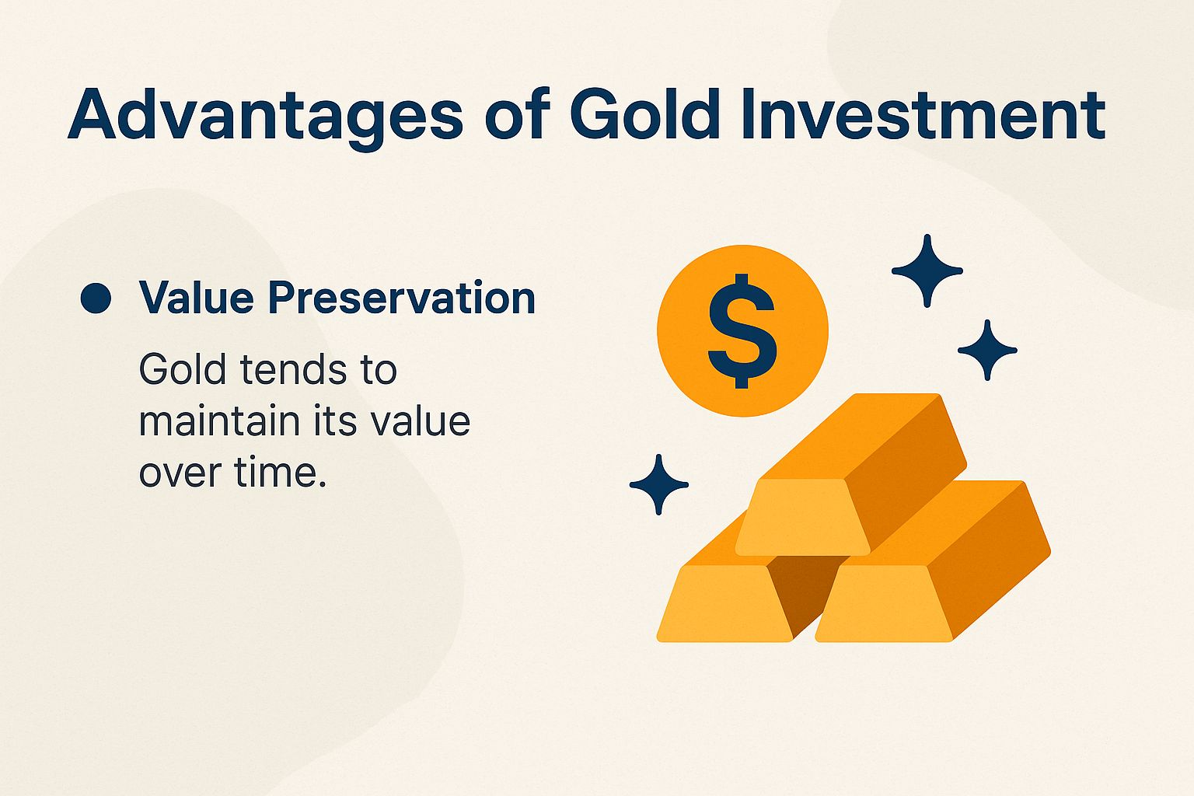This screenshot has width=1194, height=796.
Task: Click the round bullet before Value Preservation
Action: [96, 298]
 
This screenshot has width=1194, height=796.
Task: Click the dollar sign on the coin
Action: [742, 330]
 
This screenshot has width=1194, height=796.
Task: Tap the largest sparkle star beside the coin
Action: [927, 271]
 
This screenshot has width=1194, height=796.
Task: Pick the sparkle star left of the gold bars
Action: [658, 484]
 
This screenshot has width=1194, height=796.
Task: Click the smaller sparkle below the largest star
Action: [987, 350]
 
